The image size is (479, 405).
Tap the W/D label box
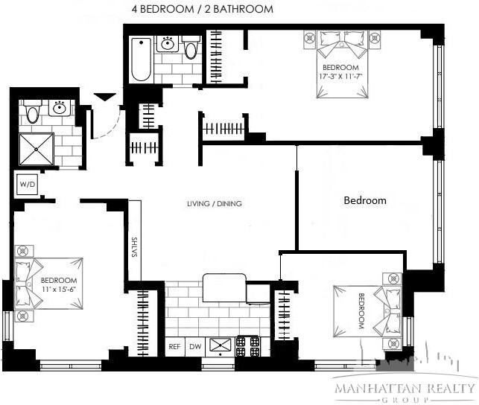tap(28, 183)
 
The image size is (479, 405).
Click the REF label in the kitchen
tap(174, 346)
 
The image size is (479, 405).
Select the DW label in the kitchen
tap(195, 346)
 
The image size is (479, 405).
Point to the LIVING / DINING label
tap(215, 204)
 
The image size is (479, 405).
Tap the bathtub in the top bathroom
tap(140, 59)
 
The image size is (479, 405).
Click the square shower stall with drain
tap(37, 149)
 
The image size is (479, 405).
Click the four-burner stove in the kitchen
tap(249, 345)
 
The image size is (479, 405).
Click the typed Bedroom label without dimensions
tap(364, 200)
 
